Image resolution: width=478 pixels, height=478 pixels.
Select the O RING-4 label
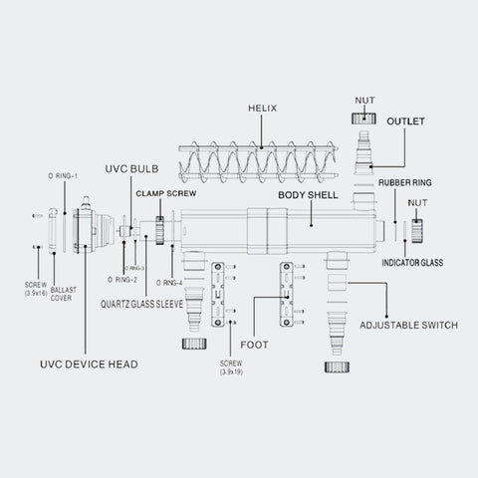183,282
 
